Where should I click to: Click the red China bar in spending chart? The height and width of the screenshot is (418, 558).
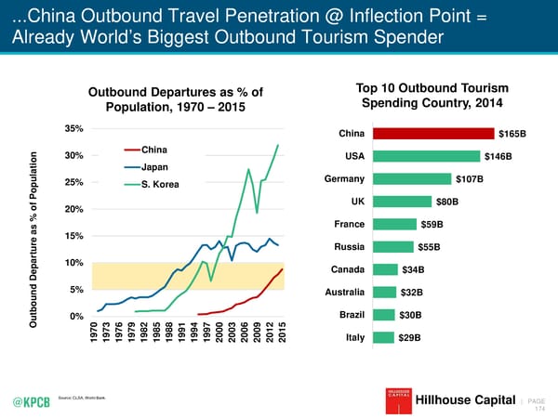coord(434,133)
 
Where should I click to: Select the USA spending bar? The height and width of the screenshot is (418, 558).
coord(427,155)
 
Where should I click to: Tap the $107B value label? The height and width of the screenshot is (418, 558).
coord(468,178)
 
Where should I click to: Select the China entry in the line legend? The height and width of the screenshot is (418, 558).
coord(154,150)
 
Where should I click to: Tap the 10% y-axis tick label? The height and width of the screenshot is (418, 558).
coord(74,262)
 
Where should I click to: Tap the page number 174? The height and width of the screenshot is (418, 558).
coord(538,407)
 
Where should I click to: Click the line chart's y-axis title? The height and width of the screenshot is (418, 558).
coord(35,238)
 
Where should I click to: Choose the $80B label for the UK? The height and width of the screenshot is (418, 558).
coord(447,202)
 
